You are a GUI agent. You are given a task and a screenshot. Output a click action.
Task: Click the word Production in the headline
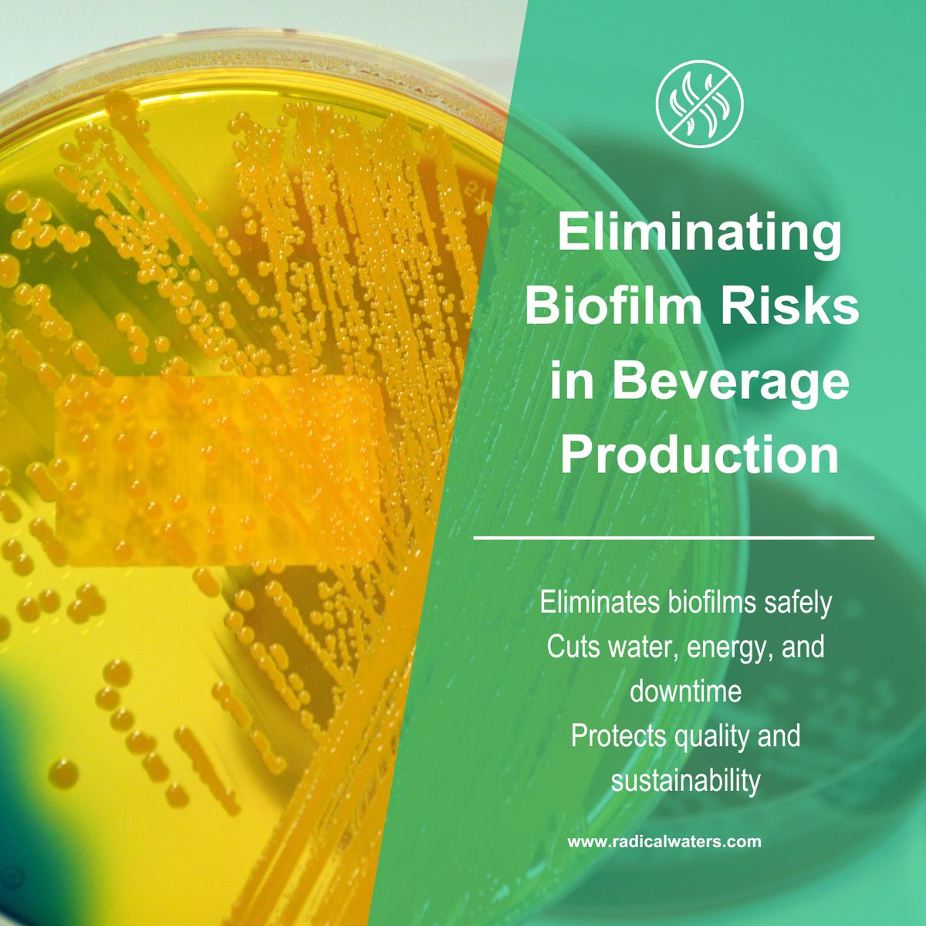tap(699, 455)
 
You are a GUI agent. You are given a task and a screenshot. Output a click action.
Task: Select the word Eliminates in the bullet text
tap(598, 603)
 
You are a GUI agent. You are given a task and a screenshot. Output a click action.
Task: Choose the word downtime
tap(686, 691)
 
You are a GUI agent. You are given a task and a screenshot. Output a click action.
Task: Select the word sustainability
tap(686, 780)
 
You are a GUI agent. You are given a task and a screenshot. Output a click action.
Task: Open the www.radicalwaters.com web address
tap(664, 842)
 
